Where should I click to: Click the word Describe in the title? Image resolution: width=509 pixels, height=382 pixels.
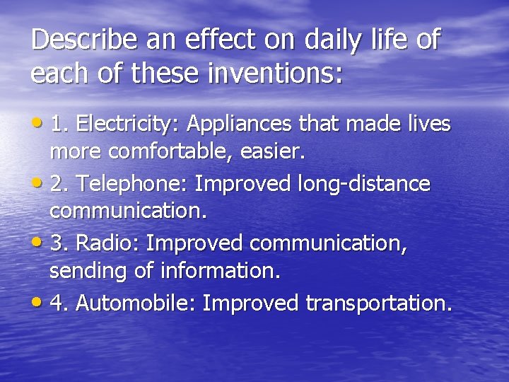coord(79,40)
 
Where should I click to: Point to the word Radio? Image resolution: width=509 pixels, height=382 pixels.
coord(107,243)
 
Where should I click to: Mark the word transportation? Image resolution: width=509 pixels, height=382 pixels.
coord(378,303)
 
